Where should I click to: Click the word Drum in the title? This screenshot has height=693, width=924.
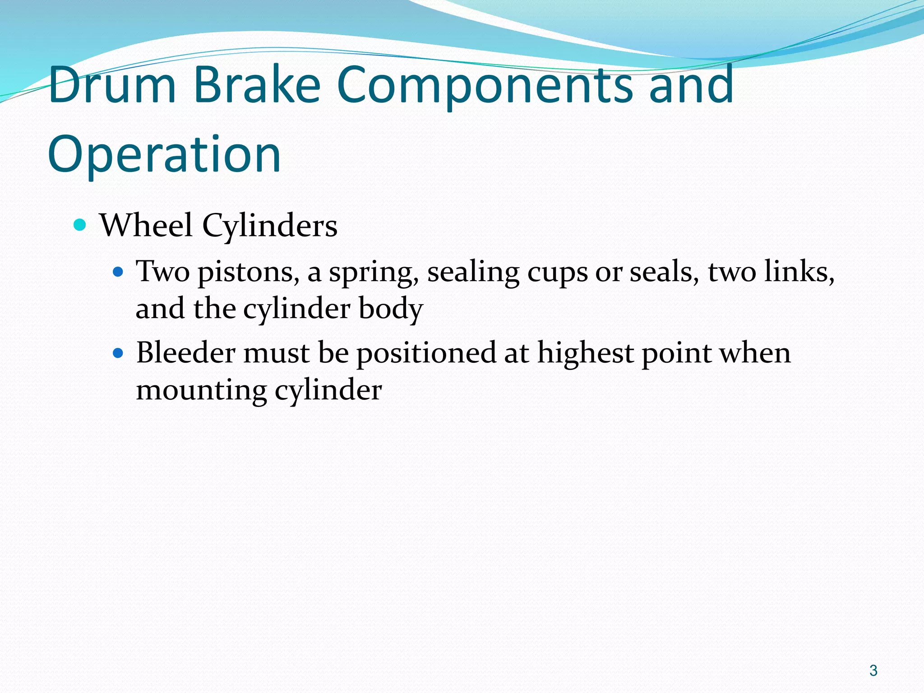point(112,84)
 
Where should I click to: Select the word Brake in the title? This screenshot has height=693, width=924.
point(257,84)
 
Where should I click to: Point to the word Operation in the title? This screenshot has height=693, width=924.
point(164,154)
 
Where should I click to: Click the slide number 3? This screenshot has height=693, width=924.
point(873,670)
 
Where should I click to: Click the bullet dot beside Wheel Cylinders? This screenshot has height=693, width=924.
point(80,225)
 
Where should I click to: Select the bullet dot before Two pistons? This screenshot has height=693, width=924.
point(118,272)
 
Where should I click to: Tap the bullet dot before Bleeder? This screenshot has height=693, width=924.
point(118,353)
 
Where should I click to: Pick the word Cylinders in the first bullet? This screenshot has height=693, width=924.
point(269,226)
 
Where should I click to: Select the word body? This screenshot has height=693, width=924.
point(391,310)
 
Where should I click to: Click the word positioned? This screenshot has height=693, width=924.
point(426,354)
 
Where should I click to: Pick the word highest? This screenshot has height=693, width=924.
point(585,353)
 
